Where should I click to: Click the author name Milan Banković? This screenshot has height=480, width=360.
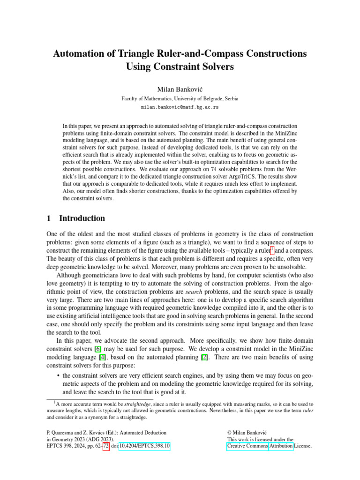pos(180,89)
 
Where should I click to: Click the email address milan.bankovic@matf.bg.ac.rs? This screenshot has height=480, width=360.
pos(180,107)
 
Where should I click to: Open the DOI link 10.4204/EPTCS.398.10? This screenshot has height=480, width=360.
pos(145,446)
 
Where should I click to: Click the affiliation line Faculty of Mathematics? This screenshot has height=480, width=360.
pos(180,98)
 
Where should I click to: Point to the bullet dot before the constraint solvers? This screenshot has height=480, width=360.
pos(57,375)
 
